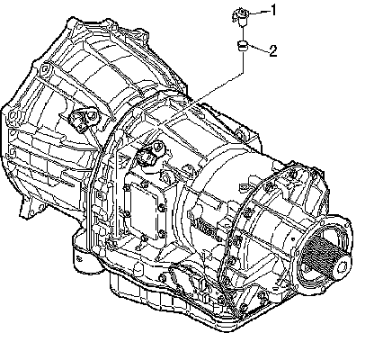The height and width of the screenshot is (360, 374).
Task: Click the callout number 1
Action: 273,11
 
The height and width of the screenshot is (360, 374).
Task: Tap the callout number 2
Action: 273,51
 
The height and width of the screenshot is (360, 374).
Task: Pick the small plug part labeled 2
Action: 243,46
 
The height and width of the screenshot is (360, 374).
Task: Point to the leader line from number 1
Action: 259,12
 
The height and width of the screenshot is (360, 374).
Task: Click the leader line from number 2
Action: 258,49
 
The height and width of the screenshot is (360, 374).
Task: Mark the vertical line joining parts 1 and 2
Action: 242,32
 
